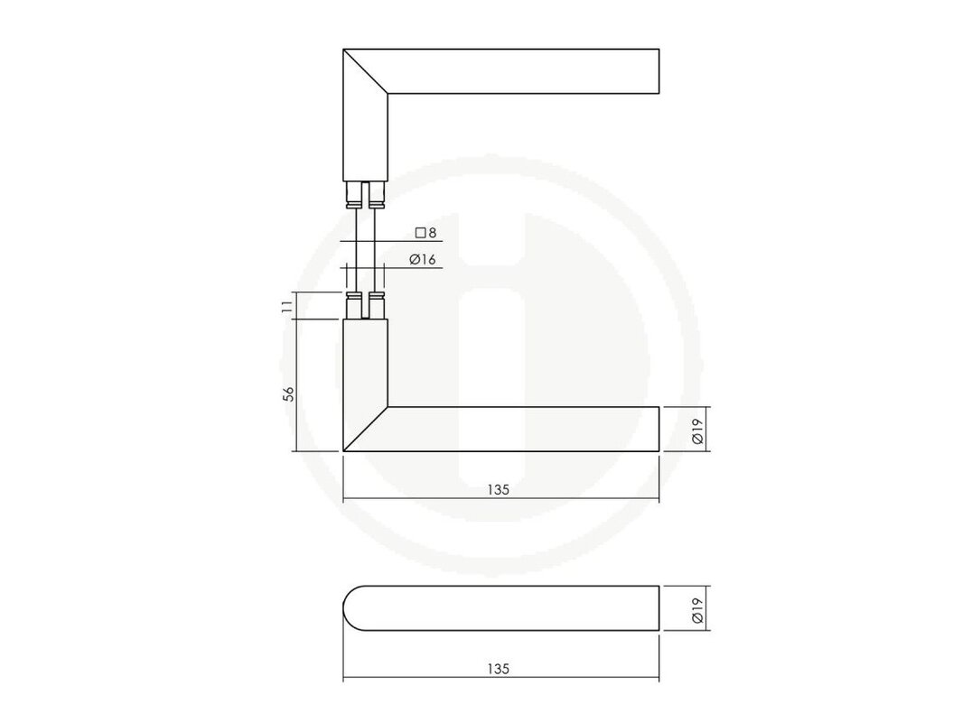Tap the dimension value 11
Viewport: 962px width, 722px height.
(x=287, y=307)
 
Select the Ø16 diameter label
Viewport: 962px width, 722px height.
(x=423, y=260)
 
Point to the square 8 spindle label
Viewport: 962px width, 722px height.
(x=425, y=233)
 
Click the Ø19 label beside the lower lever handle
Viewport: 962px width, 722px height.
(x=697, y=430)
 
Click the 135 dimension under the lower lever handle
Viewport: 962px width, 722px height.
(x=499, y=490)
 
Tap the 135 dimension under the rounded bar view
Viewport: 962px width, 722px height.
(x=499, y=669)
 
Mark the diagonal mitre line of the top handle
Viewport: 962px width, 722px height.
(x=366, y=71)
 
